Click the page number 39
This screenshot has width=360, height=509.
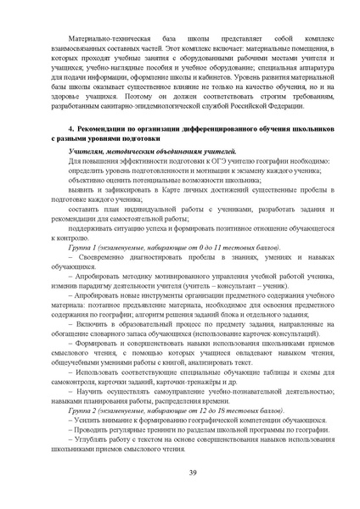click(x=180, y=473)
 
